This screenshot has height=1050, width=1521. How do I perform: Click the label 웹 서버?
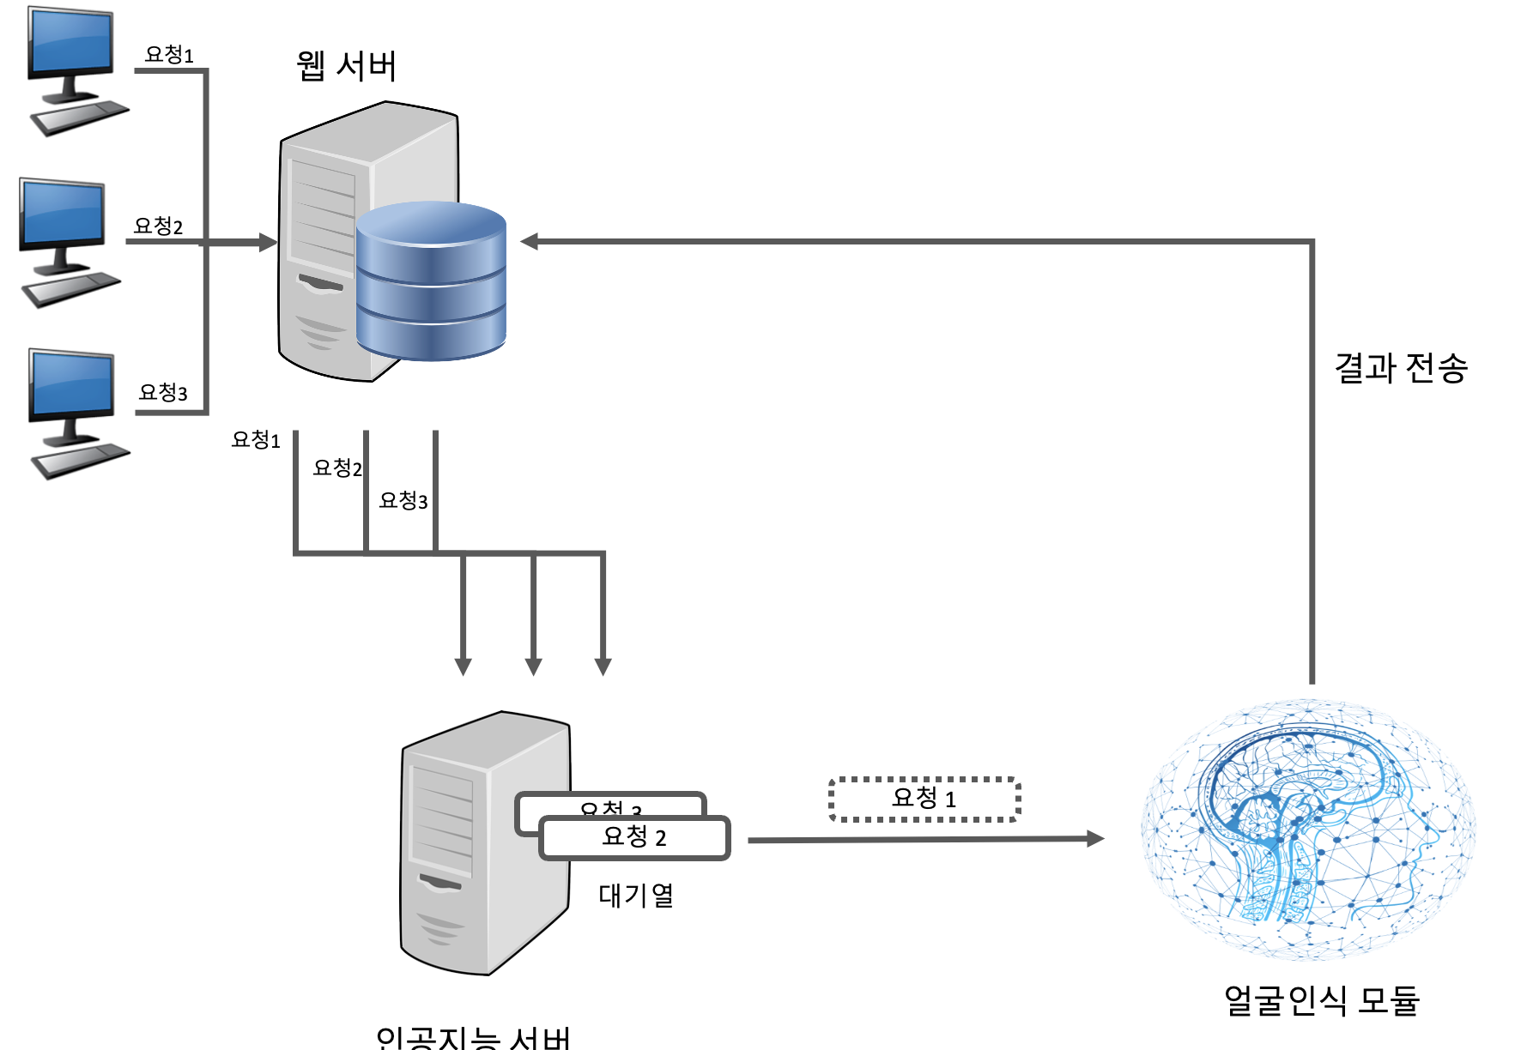tap(347, 67)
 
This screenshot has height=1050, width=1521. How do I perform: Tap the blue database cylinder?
tap(430, 283)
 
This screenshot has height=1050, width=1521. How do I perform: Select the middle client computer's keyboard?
tap(70, 288)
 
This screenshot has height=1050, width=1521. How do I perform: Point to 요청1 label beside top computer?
tap(169, 55)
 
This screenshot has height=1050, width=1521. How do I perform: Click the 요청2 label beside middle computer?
tap(158, 226)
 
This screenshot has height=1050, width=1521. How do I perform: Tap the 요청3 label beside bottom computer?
tap(163, 393)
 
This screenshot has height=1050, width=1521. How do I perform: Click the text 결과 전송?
tap(1400, 368)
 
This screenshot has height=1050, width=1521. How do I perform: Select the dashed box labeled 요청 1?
tap(924, 799)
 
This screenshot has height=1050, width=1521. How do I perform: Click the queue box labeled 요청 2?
tap(634, 837)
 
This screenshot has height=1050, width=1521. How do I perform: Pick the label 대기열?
tap(636, 896)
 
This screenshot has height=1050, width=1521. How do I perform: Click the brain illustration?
tap(1309, 828)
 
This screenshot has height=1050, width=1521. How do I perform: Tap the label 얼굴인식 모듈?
tap(1321, 1000)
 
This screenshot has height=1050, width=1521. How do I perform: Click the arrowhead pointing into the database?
tap(530, 242)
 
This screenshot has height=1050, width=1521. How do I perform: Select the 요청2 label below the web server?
tap(336, 468)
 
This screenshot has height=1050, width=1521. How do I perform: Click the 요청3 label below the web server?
tap(403, 501)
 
